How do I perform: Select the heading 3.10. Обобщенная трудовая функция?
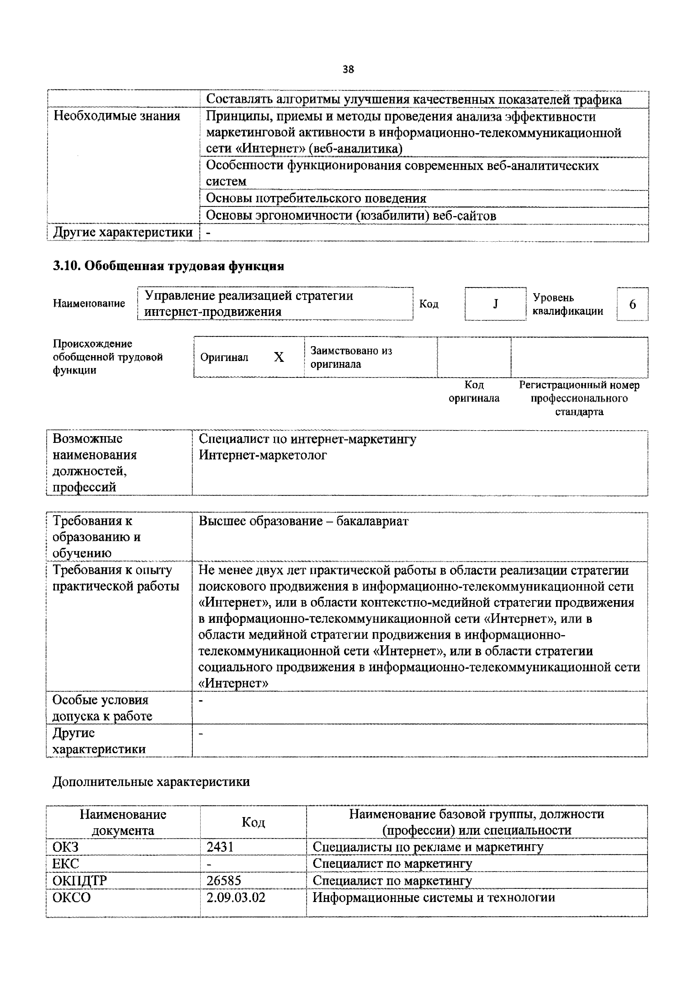(x=168, y=266)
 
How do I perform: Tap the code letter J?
(x=495, y=304)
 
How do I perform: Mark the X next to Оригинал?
(x=279, y=357)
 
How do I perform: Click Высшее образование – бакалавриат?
(x=303, y=521)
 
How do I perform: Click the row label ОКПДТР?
(x=80, y=880)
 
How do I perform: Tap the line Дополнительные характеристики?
(x=151, y=782)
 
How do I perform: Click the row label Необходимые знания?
(x=117, y=116)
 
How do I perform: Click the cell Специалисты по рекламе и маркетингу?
(x=428, y=847)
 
